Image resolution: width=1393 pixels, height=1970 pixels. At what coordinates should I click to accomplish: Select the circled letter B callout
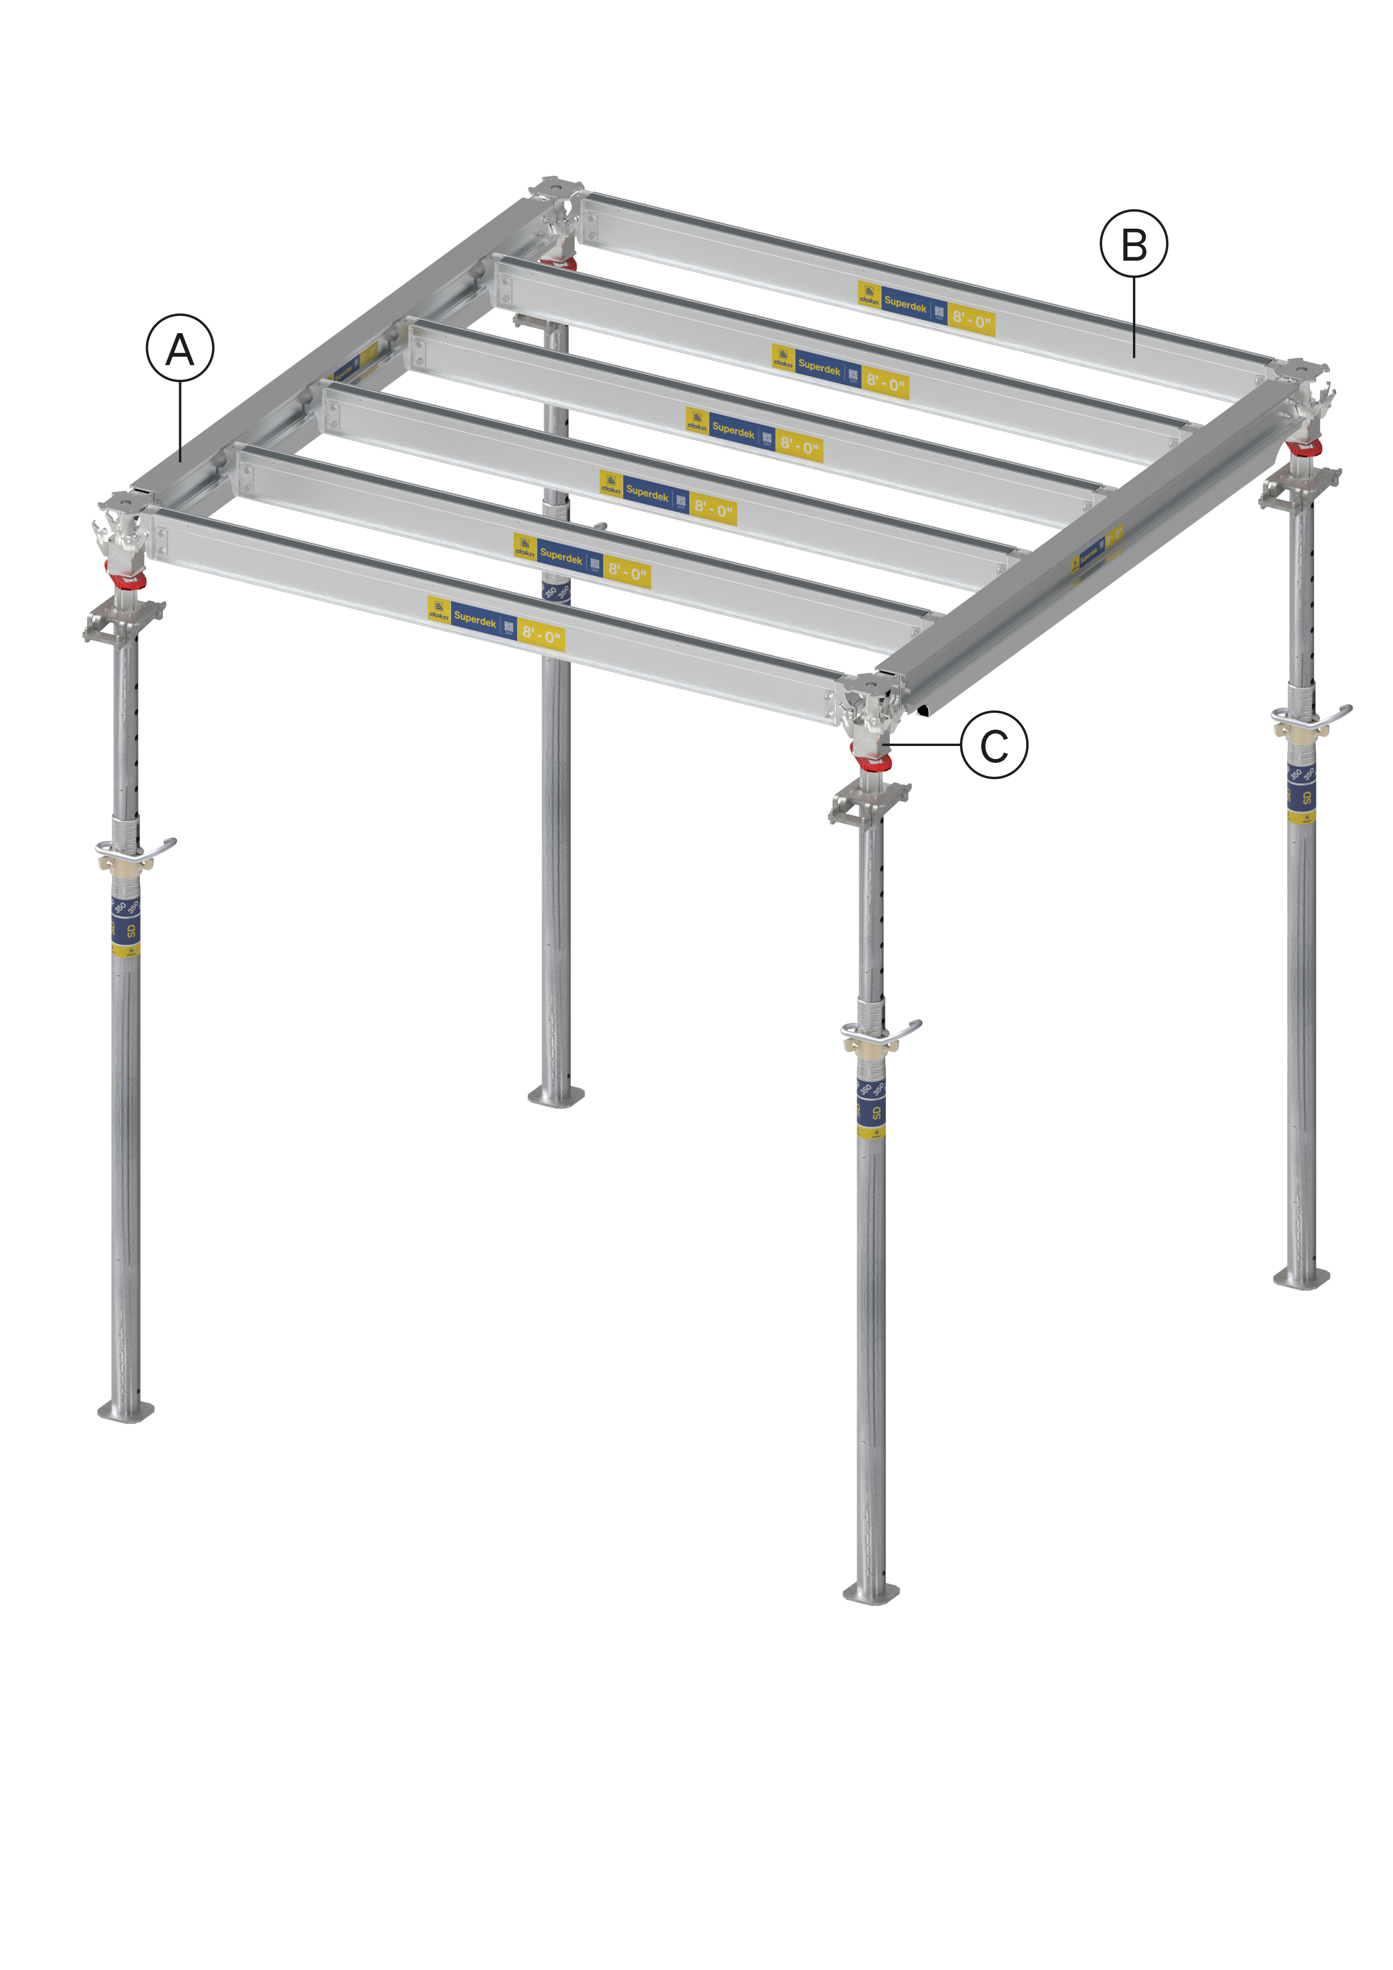1134,244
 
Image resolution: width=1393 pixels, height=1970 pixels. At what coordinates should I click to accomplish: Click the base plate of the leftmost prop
126,1411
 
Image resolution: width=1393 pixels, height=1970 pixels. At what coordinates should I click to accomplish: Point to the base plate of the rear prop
556,1096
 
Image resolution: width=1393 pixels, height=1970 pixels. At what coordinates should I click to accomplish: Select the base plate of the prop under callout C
872,1593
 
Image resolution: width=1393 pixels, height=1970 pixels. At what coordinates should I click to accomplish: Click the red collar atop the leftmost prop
126,579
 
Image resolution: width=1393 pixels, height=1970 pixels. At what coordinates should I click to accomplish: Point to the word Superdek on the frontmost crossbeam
474,618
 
